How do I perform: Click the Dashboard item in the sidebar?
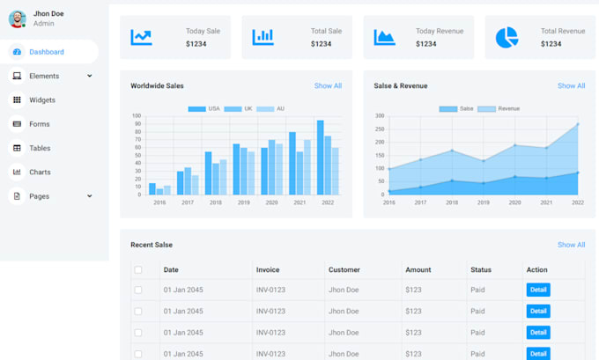pyautogui.click(x=46, y=52)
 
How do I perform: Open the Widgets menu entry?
pyautogui.click(x=41, y=100)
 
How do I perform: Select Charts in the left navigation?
pyautogui.click(x=40, y=173)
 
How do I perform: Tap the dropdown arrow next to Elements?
pyautogui.click(x=90, y=77)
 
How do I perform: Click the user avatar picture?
pyautogui.click(x=18, y=18)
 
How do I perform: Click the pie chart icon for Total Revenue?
pyautogui.click(x=507, y=38)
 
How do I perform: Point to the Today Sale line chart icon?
pyautogui.click(x=141, y=37)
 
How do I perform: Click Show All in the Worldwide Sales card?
pyautogui.click(x=328, y=86)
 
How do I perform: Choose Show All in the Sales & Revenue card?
pyautogui.click(x=571, y=86)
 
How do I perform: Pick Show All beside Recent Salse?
pyautogui.click(x=571, y=245)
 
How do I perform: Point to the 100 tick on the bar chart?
pyautogui.click(x=137, y=116)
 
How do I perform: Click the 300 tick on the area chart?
pyautogui.click(x=380, y=116)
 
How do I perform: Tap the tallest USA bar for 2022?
pyautogui.click(x=321, y=158)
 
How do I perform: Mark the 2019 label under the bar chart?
pyautogui.click(x=243, y=202)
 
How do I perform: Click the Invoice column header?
pyautogui.click(x=268, y=269)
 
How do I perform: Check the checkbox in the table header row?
pyautogui.click(x=137, y=270)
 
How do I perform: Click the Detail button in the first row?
pyautogui.click(x=538, y=290)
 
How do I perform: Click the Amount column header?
pyautogui.click(x=418, y=269)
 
